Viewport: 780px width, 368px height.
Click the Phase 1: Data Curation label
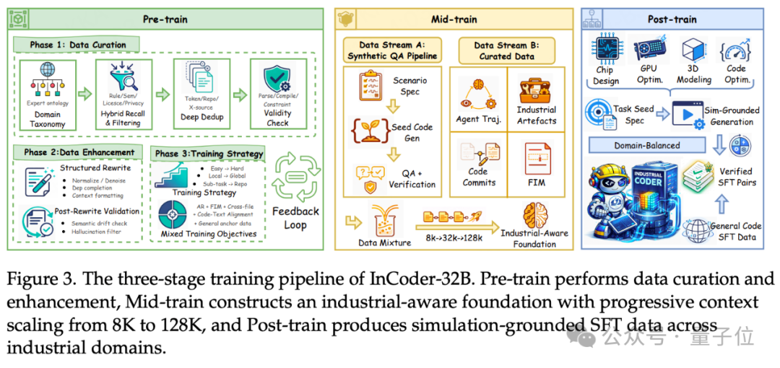coord(78,45)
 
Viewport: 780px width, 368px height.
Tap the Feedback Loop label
coord(295,218)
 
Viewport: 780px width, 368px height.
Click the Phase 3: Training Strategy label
coord(209,154)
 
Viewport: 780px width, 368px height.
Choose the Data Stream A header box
coord(393,50)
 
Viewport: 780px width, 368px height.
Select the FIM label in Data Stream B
coord(536,183)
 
